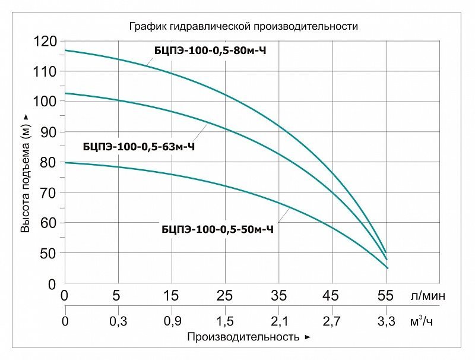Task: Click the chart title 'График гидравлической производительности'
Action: (243, 26)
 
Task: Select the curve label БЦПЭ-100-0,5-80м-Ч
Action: (210, 50)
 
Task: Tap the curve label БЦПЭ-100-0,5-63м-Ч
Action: (139, 147)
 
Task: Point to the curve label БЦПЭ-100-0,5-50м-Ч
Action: (217, 229)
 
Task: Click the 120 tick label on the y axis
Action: (45, 42)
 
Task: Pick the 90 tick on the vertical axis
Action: (49, 132)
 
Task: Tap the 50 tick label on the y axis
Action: (49, 253)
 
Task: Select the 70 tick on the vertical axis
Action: (49, 192)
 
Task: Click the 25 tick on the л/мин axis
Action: (225, 295)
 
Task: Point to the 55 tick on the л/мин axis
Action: (385, 295)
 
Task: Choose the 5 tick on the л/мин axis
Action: (116, 295)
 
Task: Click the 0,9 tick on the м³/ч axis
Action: (172, 321)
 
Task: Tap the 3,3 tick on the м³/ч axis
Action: (387, 321)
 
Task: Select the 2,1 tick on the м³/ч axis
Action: (280, 321)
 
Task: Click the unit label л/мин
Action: (427, 296)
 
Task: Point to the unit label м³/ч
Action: (422, 321)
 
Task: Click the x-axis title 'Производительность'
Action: (243, 337)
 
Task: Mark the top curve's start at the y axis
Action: (65, 50)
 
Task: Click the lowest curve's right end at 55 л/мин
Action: (387, 268)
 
